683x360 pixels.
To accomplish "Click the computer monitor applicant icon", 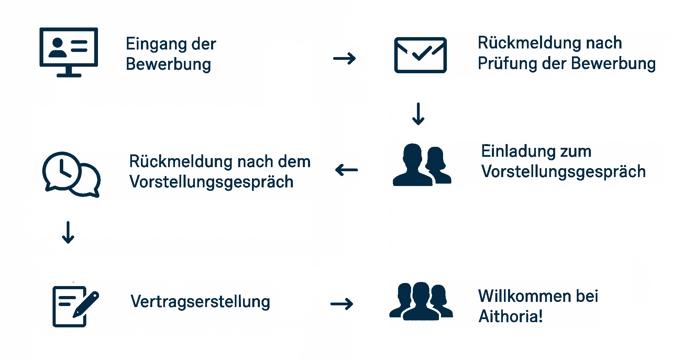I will pos(69,52).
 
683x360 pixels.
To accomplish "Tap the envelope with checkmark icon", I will pos(420,55).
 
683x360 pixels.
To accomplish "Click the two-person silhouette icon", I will pos(422,165).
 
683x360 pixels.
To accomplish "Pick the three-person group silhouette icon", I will pos(421,301).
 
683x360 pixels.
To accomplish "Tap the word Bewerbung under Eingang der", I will pos(168,65).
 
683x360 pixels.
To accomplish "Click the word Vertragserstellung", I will pos(200,302).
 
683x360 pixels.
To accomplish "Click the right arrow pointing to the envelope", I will pos(344,58).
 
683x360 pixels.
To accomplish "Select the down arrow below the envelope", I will pos(418,113).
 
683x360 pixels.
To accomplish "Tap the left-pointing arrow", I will pos(346,170).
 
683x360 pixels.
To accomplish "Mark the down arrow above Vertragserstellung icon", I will pos(68,233).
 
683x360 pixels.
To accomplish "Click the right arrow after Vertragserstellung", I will pos(342,304).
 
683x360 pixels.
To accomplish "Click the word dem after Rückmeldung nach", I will pos(294,162).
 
